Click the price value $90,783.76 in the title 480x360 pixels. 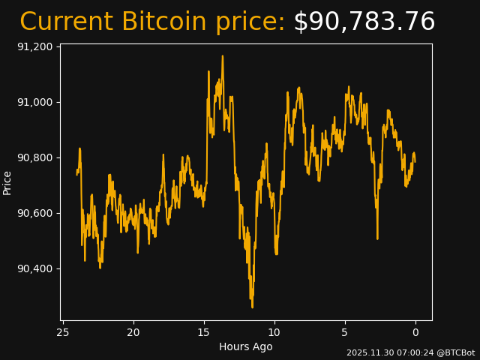tap(364, 22)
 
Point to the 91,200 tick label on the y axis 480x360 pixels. tap(34, 46)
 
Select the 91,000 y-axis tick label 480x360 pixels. tap(34, 102)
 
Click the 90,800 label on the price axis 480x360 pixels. tap(34, 157)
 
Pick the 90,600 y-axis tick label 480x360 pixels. tap(34, 213)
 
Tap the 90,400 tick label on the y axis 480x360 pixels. tap(34, 268)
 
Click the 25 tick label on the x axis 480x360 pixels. tap(63, 332)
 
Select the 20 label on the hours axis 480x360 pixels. tap(133, 332)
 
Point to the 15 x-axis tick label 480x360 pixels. tap(204, 332)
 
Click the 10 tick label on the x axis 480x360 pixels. tap(274, 332)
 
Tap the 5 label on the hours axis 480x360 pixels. tap(345, 332)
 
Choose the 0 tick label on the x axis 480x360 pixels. tap(415, 332)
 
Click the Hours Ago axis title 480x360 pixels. tap(246, 346)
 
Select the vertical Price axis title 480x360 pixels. tap(7, 182)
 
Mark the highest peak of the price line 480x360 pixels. tap(222, 55)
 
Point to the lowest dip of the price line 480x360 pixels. tap(252, 307)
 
